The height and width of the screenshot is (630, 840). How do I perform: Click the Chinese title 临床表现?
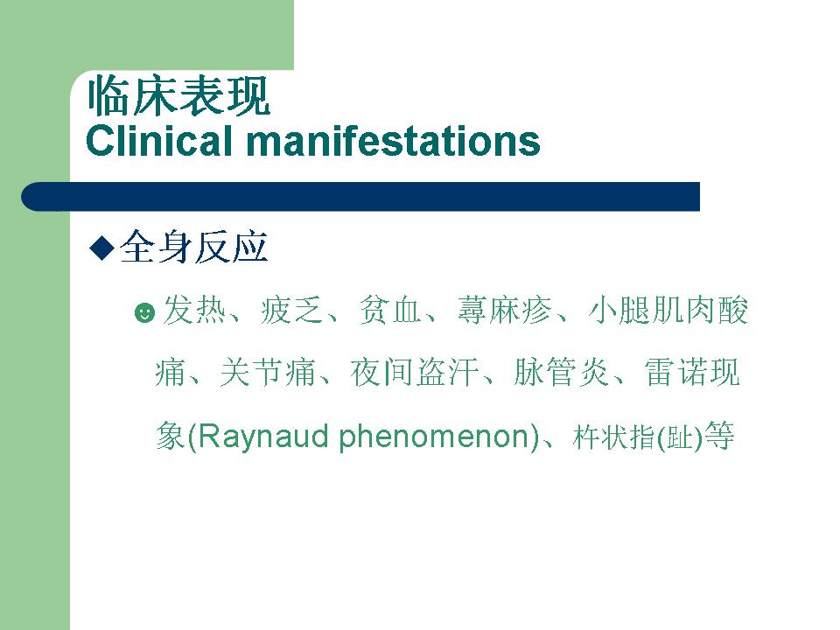click(x=178, y=96)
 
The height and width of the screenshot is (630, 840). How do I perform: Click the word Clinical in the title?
click(x=159, y=141)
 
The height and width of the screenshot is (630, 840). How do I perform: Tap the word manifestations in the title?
click(x=393, y=141)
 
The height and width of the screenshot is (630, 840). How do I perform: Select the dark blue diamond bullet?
click(x=101, y=248)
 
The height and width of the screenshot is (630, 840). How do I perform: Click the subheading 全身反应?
click(x=194, y=247)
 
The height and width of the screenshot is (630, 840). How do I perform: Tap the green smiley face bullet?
click(x=144, y=312)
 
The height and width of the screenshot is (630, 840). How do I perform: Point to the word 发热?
click(x=194, y=310)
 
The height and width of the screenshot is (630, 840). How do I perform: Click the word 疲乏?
click(x=292, y=310)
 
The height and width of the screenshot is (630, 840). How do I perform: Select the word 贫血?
click(x=390, y=310)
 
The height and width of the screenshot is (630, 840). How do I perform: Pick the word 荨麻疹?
click(x=504, y=310)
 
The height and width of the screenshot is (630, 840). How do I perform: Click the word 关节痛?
click(x=268, y=373)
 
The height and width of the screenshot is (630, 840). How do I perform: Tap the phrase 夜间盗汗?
click(x=414, y=373)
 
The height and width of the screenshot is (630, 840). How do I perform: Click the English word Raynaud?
click(x=263, y=436)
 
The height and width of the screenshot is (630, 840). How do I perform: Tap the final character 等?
click(x=719, y=436)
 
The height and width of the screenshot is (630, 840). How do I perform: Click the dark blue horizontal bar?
click(x=360, y=197)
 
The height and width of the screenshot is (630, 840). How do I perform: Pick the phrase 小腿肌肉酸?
click(x=668, y=310)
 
